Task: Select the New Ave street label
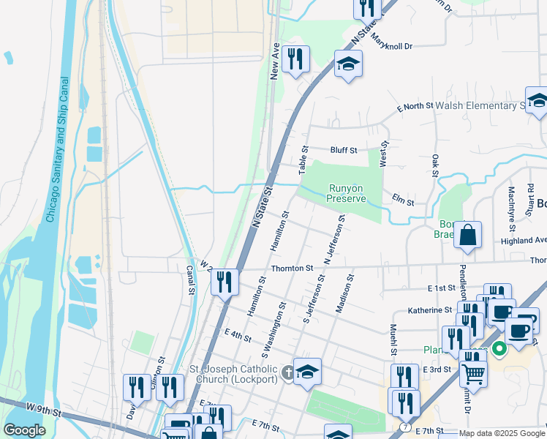276,61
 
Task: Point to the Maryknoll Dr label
391,41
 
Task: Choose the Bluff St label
343,150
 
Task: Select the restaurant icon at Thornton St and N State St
225,281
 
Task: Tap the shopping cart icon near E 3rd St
473,373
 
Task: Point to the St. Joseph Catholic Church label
234,374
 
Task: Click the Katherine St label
431,310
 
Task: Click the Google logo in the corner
24,430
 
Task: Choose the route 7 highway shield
406,426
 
